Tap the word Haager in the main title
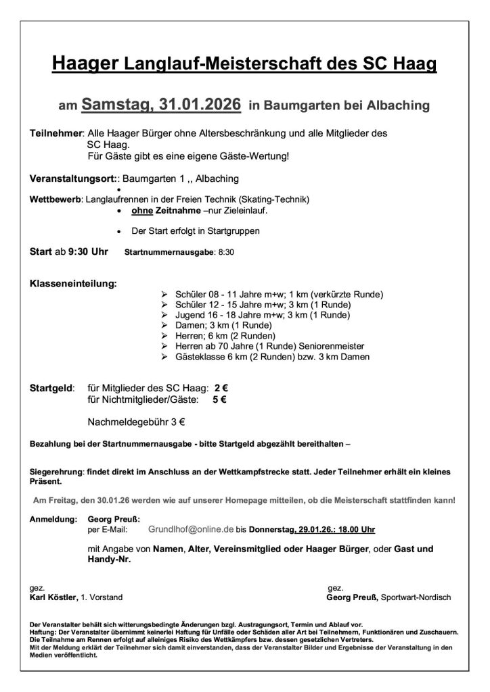click(85, 64)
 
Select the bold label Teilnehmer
click(56, 134)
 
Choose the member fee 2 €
click(221, 389)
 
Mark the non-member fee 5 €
click(219, 399)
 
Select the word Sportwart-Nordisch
click(416, 597)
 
